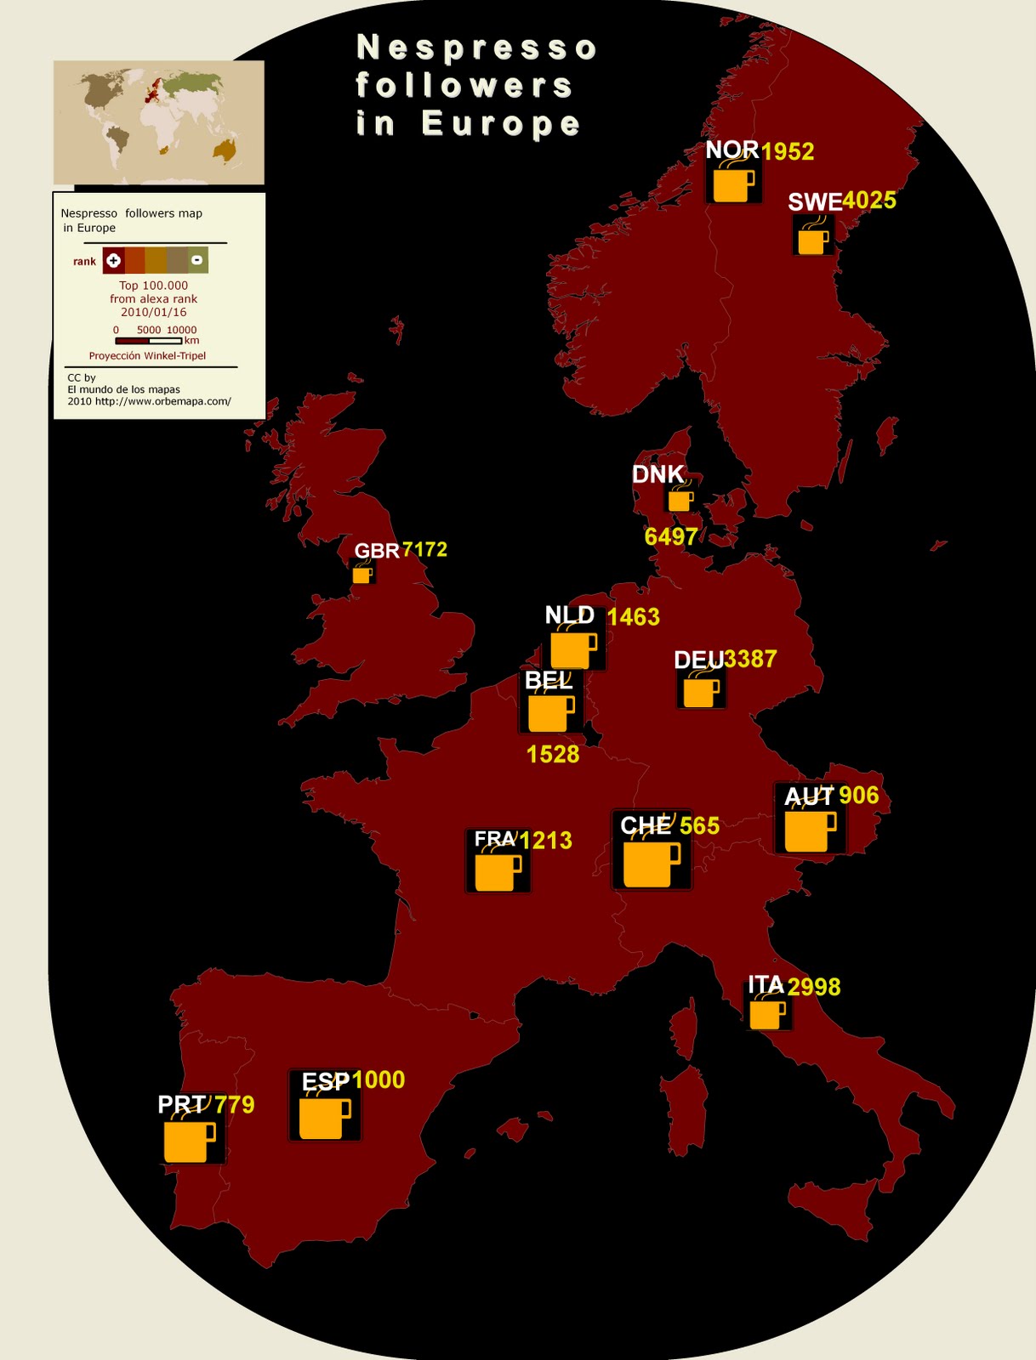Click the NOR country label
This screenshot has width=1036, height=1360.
point(731,150)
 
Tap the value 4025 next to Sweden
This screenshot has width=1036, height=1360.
point(869,201)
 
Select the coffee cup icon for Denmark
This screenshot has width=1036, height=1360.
point(680,500)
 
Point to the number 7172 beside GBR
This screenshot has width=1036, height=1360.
point(424,549)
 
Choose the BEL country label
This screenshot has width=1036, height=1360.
point(549,681)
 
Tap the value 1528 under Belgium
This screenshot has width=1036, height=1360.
point(553,754)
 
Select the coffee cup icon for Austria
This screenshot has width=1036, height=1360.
point(809,830)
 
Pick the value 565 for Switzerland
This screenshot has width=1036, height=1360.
point(699,825)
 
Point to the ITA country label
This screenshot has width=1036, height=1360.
point(765,985)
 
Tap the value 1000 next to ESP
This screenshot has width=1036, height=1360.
point(378,1079)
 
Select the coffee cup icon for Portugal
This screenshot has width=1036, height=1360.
point(189,1141)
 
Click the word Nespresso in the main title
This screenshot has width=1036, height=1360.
point(476,48)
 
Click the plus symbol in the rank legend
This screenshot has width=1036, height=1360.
point(113,260)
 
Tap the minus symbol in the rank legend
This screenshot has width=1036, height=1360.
point(196,260)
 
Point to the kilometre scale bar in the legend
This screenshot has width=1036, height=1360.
point(148,341)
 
